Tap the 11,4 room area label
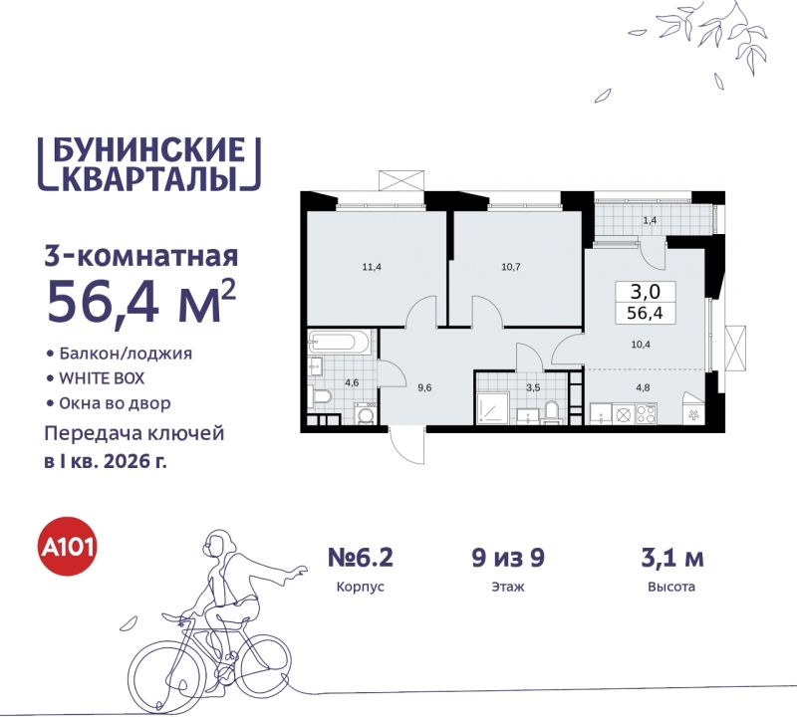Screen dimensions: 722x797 [x=374, y=267]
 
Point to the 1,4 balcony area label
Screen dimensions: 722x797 [x=650, y=219]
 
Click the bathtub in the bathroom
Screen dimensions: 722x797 [x=340, y=343]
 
